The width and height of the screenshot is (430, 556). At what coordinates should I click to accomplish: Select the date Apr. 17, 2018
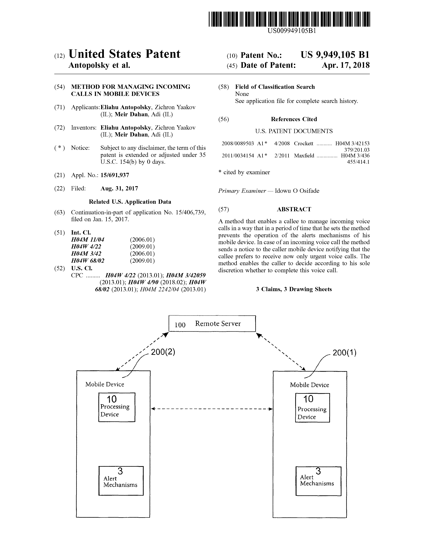(x=346, y=65)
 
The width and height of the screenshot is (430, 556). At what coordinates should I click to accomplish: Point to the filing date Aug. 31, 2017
(x=119, y=188)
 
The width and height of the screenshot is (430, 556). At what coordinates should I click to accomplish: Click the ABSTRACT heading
(x=294, y=209)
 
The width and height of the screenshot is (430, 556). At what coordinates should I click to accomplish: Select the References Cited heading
(x=294, y=119)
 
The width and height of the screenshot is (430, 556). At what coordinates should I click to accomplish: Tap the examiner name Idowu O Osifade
(x=297, y=191)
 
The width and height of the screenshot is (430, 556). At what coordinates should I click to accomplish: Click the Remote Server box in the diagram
(x=212, y=323)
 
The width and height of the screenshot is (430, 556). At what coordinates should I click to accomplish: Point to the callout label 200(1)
(x=344, y=353)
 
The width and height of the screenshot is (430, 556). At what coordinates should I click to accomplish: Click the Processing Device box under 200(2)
(x=117, y=407)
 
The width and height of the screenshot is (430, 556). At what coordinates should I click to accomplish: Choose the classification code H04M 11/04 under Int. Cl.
(x=88, y=240)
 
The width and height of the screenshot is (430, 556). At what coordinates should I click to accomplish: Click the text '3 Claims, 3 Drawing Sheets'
(x=294, y=289)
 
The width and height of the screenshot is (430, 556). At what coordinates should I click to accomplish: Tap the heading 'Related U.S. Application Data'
(x=130, y=202)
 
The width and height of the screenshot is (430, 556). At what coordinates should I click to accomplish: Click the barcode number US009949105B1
(x=292, y=31)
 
